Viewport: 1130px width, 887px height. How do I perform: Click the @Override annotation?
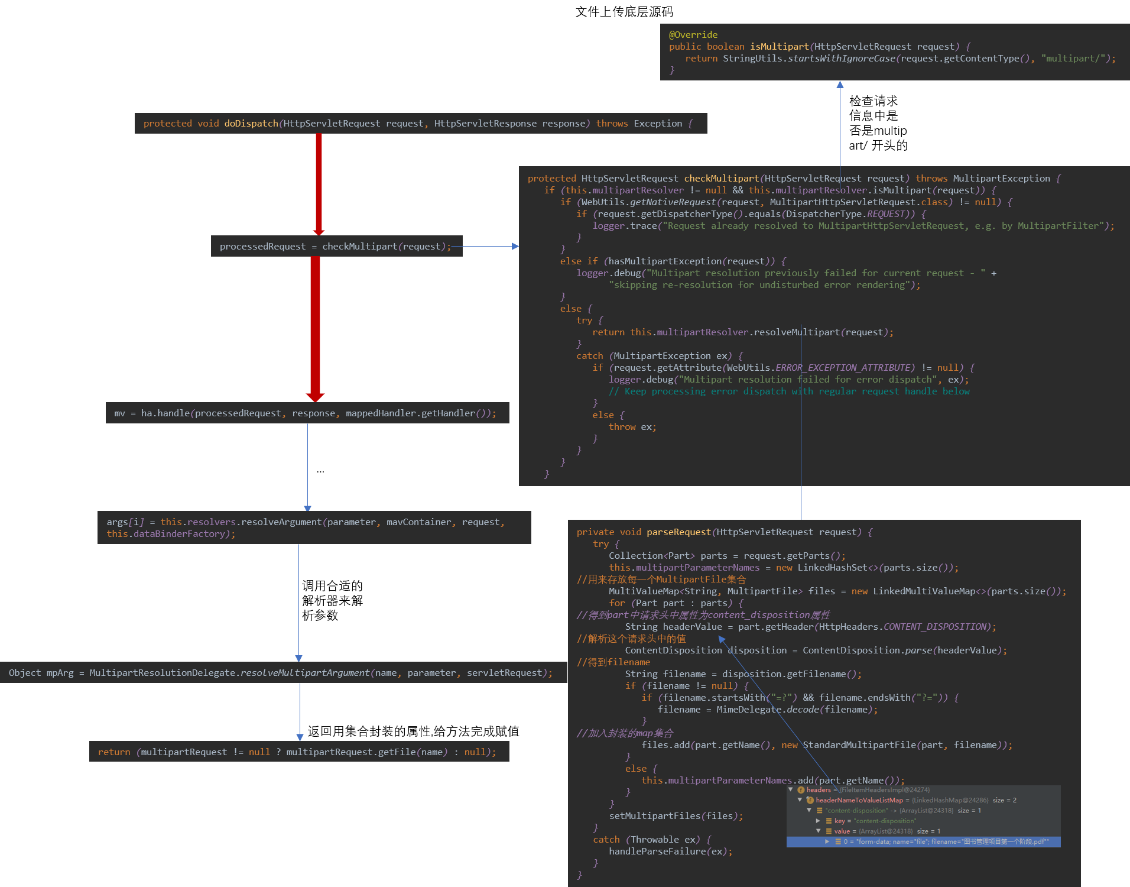693,35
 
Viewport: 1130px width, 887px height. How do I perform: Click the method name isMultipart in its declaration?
779,47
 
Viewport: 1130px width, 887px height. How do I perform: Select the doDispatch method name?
251,124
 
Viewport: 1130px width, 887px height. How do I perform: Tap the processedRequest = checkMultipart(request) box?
336,247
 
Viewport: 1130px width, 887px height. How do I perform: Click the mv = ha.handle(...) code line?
305,413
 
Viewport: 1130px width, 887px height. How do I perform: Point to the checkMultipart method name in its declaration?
721,179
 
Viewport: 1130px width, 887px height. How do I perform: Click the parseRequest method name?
678,532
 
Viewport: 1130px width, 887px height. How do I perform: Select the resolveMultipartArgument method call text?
305,673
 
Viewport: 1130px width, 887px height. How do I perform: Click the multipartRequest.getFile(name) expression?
366,752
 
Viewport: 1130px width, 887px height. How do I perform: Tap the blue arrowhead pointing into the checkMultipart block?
515,247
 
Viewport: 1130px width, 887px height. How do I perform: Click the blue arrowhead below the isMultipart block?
840,85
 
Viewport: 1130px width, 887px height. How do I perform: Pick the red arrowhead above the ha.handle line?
315,397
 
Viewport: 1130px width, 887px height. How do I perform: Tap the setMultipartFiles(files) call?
676,816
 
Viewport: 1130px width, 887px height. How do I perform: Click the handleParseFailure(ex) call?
670,852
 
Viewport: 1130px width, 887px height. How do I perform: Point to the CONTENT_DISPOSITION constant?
936,627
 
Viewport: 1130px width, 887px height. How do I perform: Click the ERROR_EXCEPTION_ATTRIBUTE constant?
845,368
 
